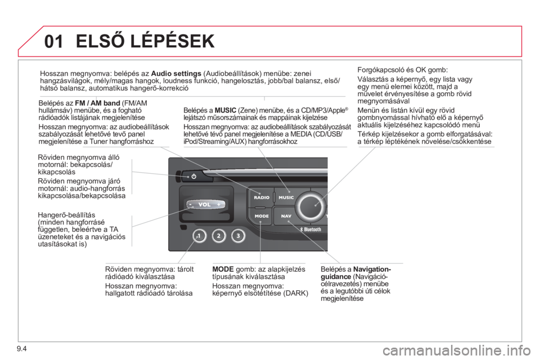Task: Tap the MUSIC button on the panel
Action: tap(286, 197)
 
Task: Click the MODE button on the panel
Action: tap(261, 216)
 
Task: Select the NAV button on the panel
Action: tap(286, 216)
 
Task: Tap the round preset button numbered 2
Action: tap(219, 236)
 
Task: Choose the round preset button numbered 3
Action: tap(238, 236)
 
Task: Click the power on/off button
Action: tap(194, 177)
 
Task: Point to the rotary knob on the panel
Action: tap(311, 206)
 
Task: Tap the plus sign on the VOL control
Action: tap(219, 205)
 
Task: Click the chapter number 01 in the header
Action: tap(54, 41)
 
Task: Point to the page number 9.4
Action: tap(21, 349)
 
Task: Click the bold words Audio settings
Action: tap(176, 73)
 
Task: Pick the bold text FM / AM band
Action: tap(97, 103)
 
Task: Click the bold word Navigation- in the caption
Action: tap(372, 269)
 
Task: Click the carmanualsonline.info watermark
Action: tap(460, 352)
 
